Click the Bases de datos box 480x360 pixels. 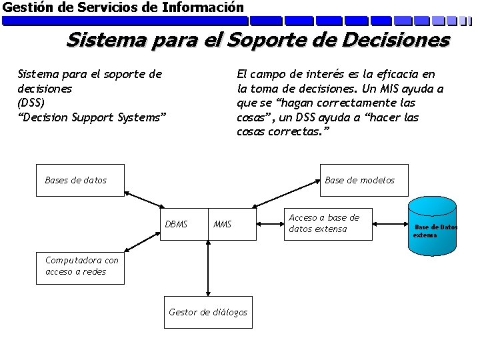tap(81, 180)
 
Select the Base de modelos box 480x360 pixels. tap(364, 180)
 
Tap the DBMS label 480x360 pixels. tap(176, 224)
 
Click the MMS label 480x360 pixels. tap(222, 224)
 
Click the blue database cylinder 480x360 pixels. tap(434, 227)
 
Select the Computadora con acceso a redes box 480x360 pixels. tap(81, 265)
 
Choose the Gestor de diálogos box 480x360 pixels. tap(208, 312)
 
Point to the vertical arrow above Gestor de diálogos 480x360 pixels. tap(208, 270)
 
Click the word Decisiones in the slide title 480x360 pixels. tap(399, 40)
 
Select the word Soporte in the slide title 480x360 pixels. tap(261, 40)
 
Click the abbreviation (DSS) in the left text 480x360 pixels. tap(31, 103)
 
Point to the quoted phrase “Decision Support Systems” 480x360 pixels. tap(92, 117)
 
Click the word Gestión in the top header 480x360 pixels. tap(25, 7)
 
